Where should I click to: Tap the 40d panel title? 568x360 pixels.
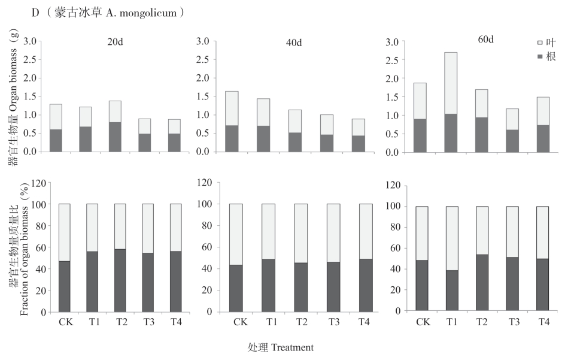[x=294, y=43]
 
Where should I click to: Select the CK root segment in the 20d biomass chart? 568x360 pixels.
[x=56, y=140]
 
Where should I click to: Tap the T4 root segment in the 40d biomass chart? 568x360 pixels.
[x=359, y=143]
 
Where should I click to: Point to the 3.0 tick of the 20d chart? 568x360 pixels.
[x=30, y=41]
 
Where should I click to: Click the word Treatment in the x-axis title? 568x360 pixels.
[x=291, y=347]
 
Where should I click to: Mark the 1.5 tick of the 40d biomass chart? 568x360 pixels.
[x=202, y=96]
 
